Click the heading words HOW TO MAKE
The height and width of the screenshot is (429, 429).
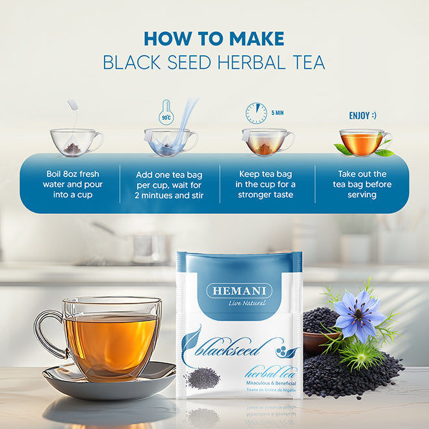214,38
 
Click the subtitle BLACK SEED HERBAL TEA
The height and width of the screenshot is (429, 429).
214,62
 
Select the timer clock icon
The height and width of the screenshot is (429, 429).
255,114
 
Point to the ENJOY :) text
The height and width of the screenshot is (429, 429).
362,116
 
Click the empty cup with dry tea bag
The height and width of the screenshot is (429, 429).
75,142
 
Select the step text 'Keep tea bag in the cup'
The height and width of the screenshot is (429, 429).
267,185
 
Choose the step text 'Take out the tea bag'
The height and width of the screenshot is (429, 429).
362,185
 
